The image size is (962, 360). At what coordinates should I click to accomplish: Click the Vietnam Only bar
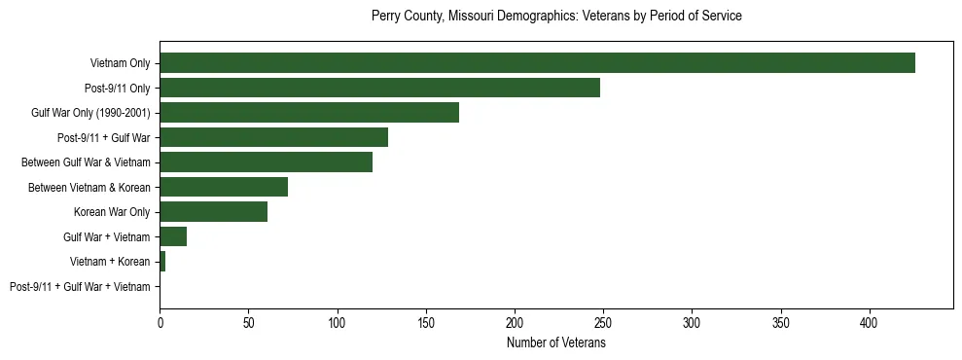[537, 63]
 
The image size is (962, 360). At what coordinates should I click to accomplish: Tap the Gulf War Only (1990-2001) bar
[309, 113]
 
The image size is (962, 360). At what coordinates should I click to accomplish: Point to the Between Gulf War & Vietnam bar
[266, 162]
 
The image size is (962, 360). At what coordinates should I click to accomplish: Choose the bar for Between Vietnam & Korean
[224, 187]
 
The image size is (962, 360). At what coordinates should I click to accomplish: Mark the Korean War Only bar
[213, 212]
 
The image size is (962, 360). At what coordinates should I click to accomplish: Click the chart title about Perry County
[556, 17]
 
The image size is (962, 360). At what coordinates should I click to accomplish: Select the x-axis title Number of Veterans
[556, 343]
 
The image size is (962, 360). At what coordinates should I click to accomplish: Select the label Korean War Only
[112, 212]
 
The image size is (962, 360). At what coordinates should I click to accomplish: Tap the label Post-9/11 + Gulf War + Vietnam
[80, 287]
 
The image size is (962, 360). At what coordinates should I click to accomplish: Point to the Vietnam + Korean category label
[110, 262]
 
